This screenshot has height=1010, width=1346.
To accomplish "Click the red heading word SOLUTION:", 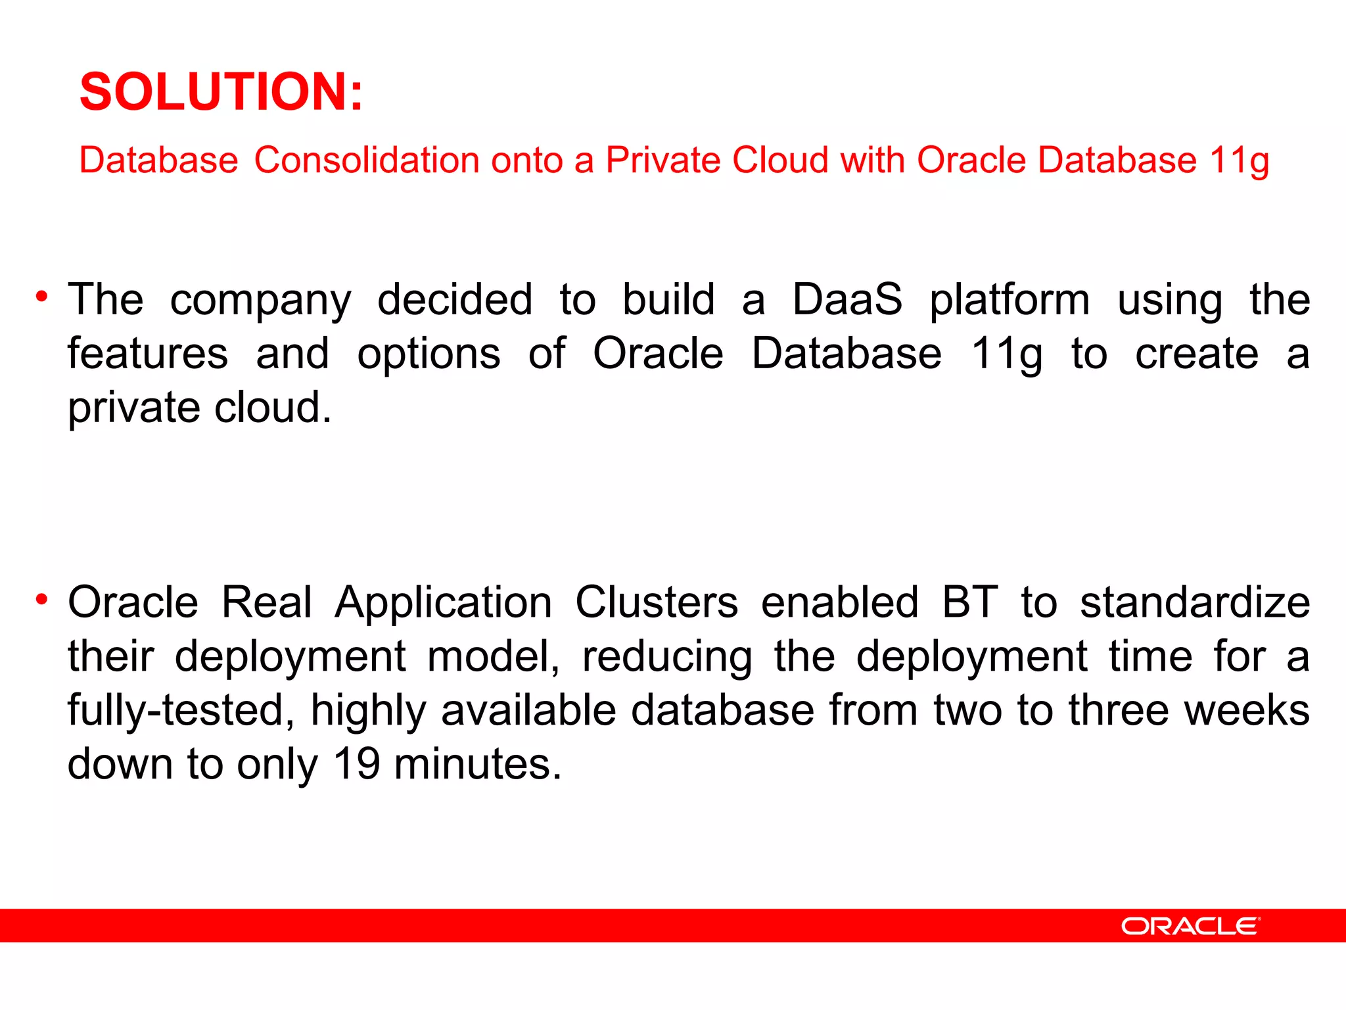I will click(221, 92).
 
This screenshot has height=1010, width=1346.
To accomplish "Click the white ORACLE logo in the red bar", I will click(1190, 926).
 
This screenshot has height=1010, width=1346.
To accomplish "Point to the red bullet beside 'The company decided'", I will click(42, 297).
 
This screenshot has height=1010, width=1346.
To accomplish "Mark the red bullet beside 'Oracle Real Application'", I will click(42, 599).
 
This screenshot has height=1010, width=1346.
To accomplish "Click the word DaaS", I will click(847, 299).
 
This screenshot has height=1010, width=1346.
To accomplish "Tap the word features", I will click(148, 354).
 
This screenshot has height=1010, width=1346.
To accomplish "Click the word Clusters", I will click(657, 602).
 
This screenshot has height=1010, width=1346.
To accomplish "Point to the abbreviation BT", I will click(970, 602).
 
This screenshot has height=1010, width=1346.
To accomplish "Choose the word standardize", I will click(1195, 602).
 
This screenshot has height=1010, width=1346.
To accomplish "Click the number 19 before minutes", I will click(356, 764).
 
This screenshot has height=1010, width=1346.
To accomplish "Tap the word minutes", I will click(478, 764).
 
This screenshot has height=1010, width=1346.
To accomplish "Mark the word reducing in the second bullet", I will click(667, 658).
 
